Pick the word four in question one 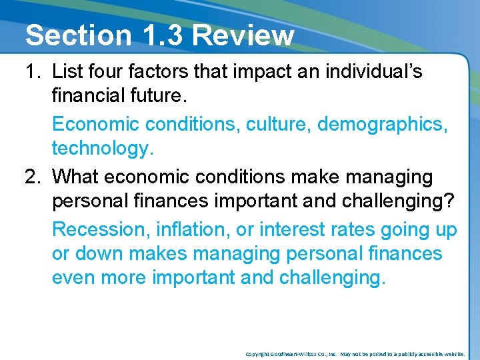[106, 72]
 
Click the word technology [103, 149]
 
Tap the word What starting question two [76, 177]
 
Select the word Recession [101, 230]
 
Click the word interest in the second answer [290, 230]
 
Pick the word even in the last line [73, 277]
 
